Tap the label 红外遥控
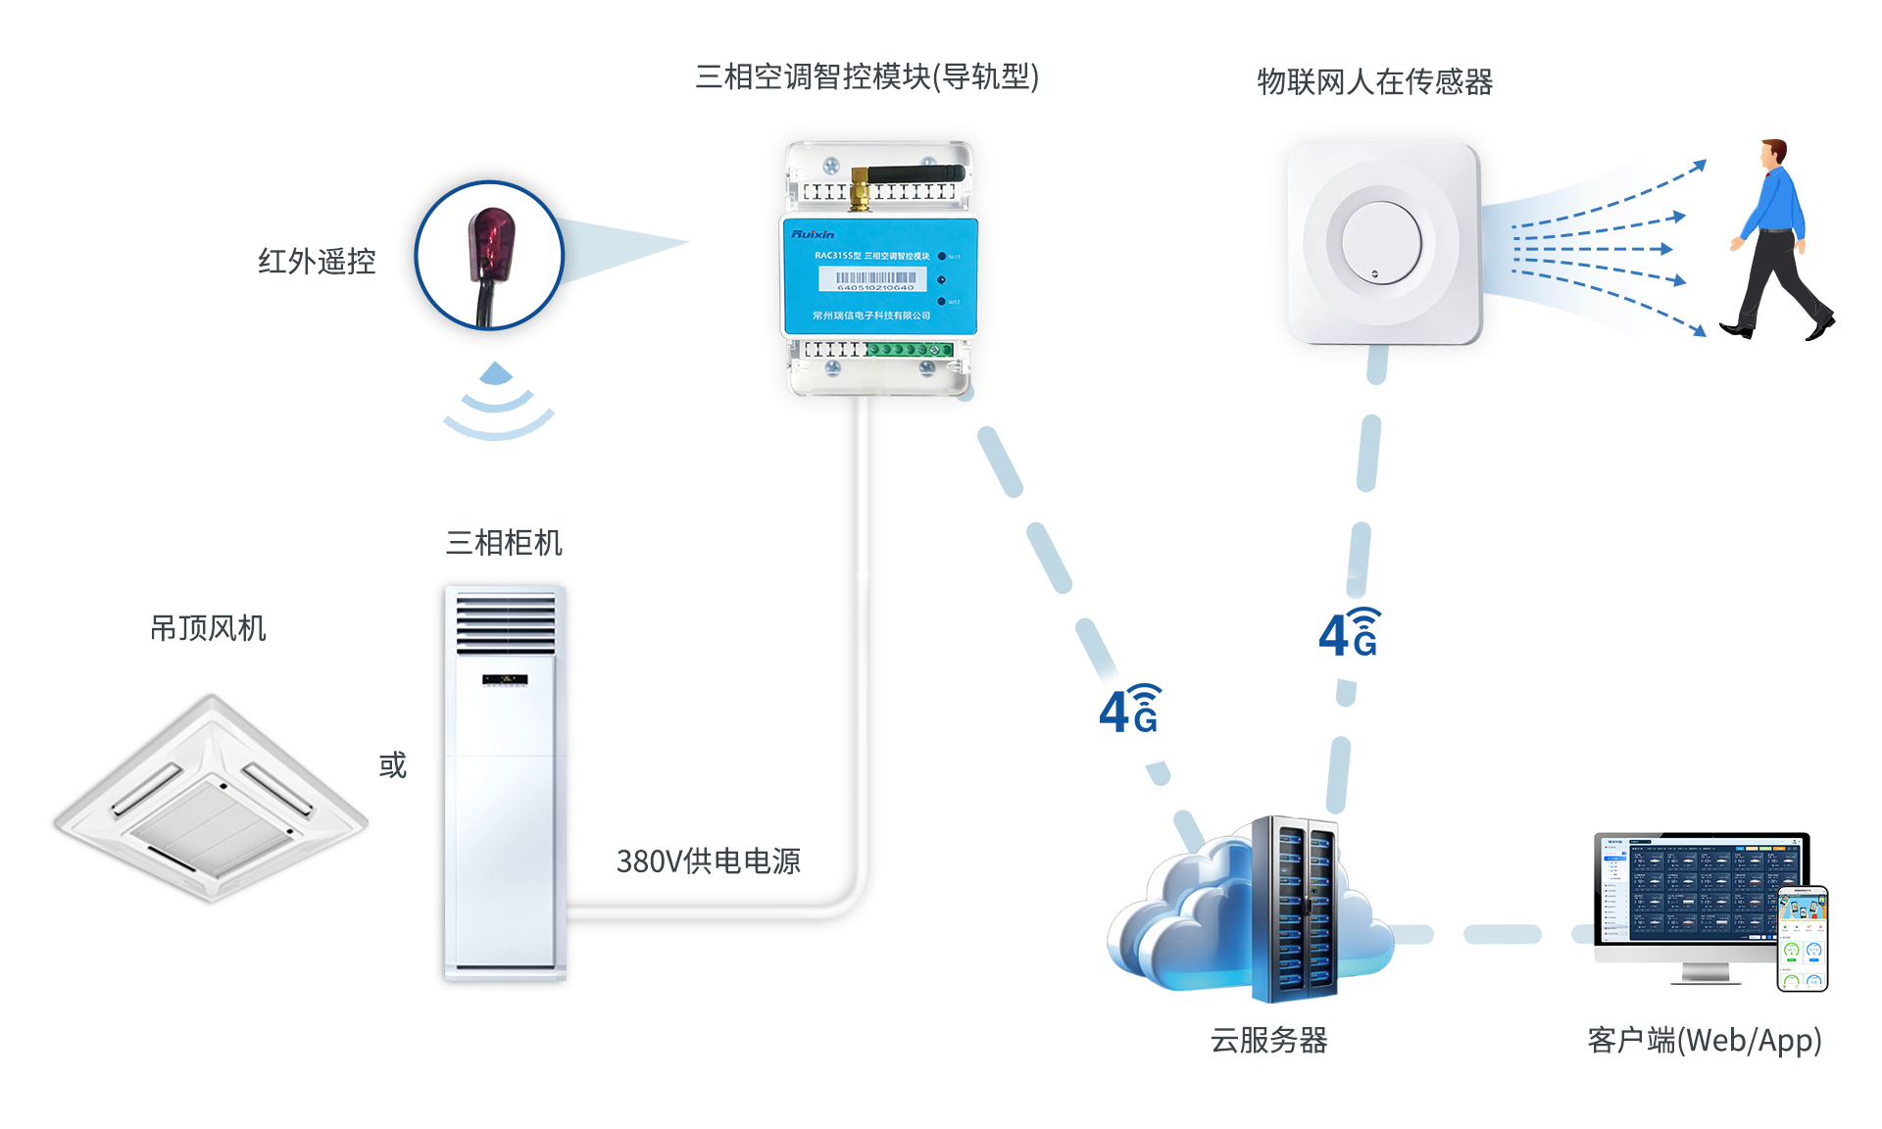317,262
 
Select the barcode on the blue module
874,279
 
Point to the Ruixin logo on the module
813,234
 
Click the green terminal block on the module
910,350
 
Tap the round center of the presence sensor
1380,241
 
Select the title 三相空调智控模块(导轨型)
867,77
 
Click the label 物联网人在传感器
1374,82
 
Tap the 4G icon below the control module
1130,710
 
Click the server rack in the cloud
1295,908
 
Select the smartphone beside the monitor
1803,938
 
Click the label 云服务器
1268,1040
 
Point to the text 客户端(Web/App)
1704,1040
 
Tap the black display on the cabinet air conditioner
505,679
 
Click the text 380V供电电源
708,861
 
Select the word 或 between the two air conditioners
392,765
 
